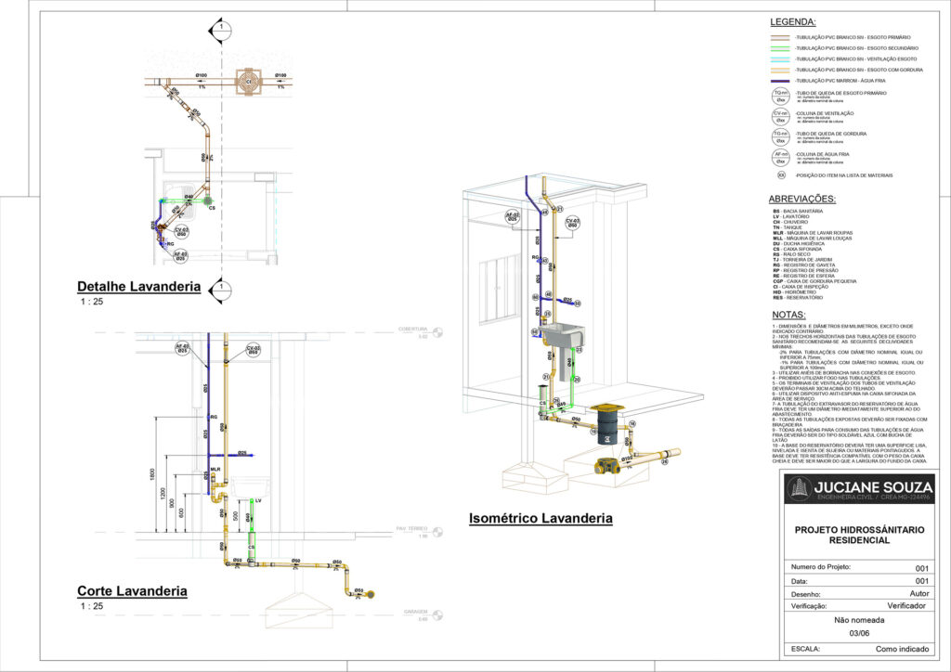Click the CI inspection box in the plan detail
click(x=248, y=82)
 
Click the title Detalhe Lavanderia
click(x=138, y=287)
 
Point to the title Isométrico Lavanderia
click(x=541, y=517)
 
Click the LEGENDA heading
click(x=792, y=21)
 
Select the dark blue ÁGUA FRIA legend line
click(x=780, y=81)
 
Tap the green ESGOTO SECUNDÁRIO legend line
click(x=780, y=47)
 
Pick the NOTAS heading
click(x=789, y=314)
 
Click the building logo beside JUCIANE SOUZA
click(x=798, y=489)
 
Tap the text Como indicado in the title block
click(x=902, y=650)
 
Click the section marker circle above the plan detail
click(x=221, y=27)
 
